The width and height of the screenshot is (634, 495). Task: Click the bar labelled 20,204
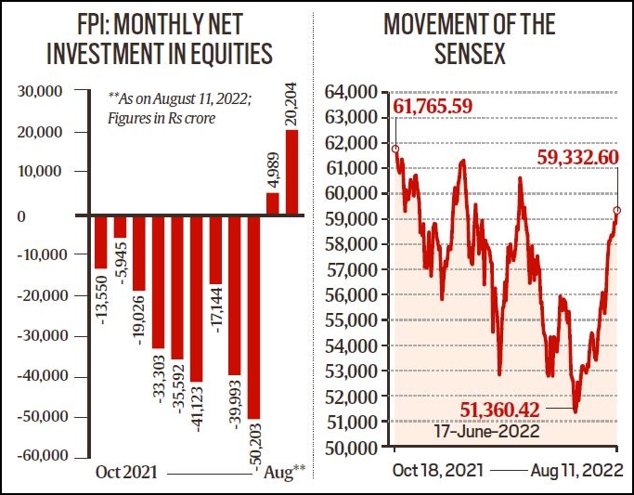[291, 172]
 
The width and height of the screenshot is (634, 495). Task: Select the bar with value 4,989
[273, 203]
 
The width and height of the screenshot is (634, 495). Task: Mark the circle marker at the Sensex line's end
[617, 210]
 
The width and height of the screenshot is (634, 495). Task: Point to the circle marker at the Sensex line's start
[395, 149]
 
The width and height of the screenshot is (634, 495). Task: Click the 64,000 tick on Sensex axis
[350, 91]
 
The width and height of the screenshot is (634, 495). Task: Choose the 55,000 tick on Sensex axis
[350, 319]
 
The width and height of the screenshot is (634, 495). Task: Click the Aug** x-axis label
[284, 472]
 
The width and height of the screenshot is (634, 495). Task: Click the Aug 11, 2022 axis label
[576, 472]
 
